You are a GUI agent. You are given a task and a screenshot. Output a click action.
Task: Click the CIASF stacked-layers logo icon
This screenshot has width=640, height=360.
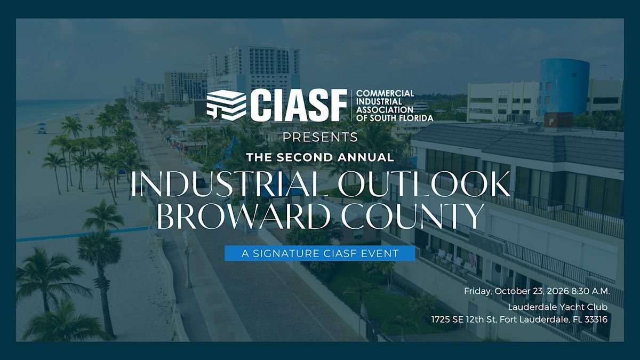(x=226, y=105)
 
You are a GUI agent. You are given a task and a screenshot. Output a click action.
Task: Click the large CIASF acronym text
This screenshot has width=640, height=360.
(x=299, y=105)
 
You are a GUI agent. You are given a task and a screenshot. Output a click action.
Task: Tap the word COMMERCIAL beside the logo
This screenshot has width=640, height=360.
(x=385, y=93)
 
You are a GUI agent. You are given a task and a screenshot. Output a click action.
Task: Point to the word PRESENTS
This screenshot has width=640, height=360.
(x=320, y=137)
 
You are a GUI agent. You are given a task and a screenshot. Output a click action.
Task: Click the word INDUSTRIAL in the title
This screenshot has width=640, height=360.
(x=229, y=184)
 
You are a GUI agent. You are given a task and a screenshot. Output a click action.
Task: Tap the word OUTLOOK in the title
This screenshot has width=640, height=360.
(x=424, y=184)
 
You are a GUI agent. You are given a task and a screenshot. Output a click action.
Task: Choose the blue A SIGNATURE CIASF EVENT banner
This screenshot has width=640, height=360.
(x=319, y=253)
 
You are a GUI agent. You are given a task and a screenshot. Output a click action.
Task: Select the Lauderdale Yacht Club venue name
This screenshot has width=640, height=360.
(x=558, y=307)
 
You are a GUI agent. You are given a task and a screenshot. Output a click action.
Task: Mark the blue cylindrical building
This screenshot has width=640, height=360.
(x=563, y=87)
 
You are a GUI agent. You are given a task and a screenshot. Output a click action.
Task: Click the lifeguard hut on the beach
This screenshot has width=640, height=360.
(x=42, y=128)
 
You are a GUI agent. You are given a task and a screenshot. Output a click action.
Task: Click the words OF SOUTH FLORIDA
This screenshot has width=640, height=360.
(x=395, y=118)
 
